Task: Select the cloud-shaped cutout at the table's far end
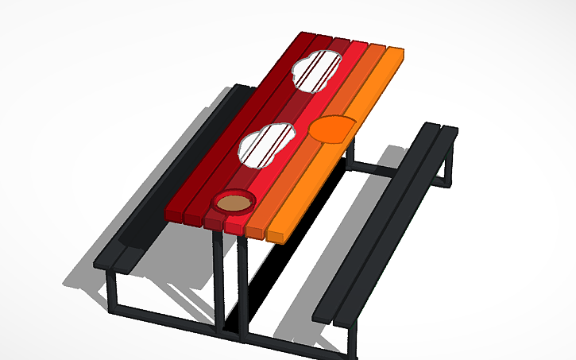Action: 319,70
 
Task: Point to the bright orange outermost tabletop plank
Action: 350,151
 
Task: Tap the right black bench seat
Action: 389,223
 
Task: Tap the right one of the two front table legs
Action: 243,286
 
